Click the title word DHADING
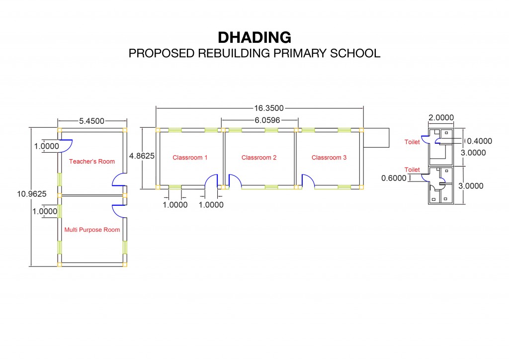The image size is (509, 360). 254,37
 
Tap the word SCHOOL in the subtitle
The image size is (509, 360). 355,53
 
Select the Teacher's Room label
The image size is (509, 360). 92,161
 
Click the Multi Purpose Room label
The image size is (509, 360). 92,230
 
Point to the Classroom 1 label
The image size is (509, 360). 190,158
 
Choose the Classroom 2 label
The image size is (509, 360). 259,158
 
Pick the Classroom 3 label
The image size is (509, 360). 329,158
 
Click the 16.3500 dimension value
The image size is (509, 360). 269,108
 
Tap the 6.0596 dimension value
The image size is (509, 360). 267,120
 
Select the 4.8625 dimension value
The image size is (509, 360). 142,156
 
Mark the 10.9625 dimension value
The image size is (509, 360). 32,194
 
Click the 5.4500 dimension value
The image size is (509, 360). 92,121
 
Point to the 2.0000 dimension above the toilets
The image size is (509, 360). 441,117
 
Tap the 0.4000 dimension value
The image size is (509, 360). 480,141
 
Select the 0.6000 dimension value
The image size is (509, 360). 394,178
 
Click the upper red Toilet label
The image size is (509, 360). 412,142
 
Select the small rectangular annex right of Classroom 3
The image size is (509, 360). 376,138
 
